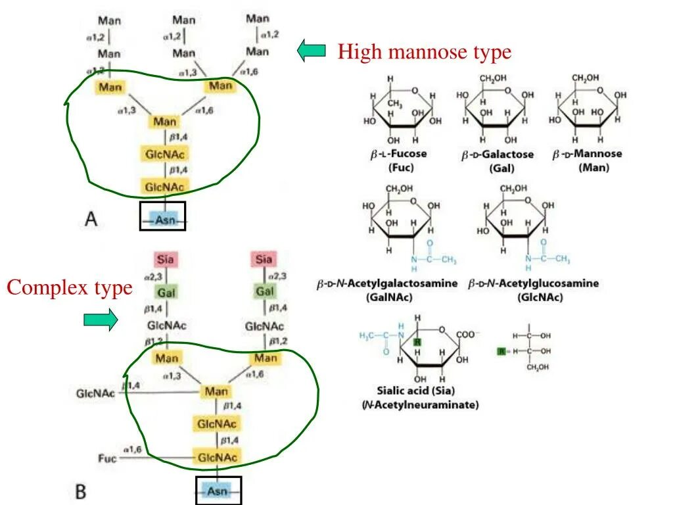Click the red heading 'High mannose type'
pos(424,51)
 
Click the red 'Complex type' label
pos(69,288)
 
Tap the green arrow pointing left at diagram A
pos(312,50)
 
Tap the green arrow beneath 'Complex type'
pos(101,320)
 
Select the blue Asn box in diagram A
pos(162,220)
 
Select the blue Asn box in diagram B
pos(218,491)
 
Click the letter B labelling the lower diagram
pos(80,491)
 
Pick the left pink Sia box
pos(164,259)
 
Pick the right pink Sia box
pos(264,259)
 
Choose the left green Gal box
pos(164,291)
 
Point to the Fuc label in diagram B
pos(107,458)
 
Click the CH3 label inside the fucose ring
pos(394,104)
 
